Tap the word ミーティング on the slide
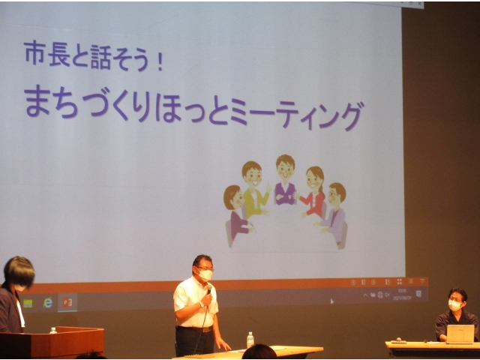(x=297, y=115)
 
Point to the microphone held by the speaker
(x=208, y=289)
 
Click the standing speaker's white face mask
(x=205, y=275)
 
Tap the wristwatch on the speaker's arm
(x=201, y=304)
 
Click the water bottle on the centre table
(x=250, y=340)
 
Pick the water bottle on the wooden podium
(x=53, y=330)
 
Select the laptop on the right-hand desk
(x=460, y=334)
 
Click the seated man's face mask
(x=454, y=305)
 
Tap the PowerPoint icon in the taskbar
(x=67, y=303)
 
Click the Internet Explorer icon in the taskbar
(x=48, y=303)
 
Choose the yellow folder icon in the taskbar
(x=28, y=303)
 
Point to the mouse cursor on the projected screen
(x=331, y=301)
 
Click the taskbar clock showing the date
(x=402, y=294)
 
